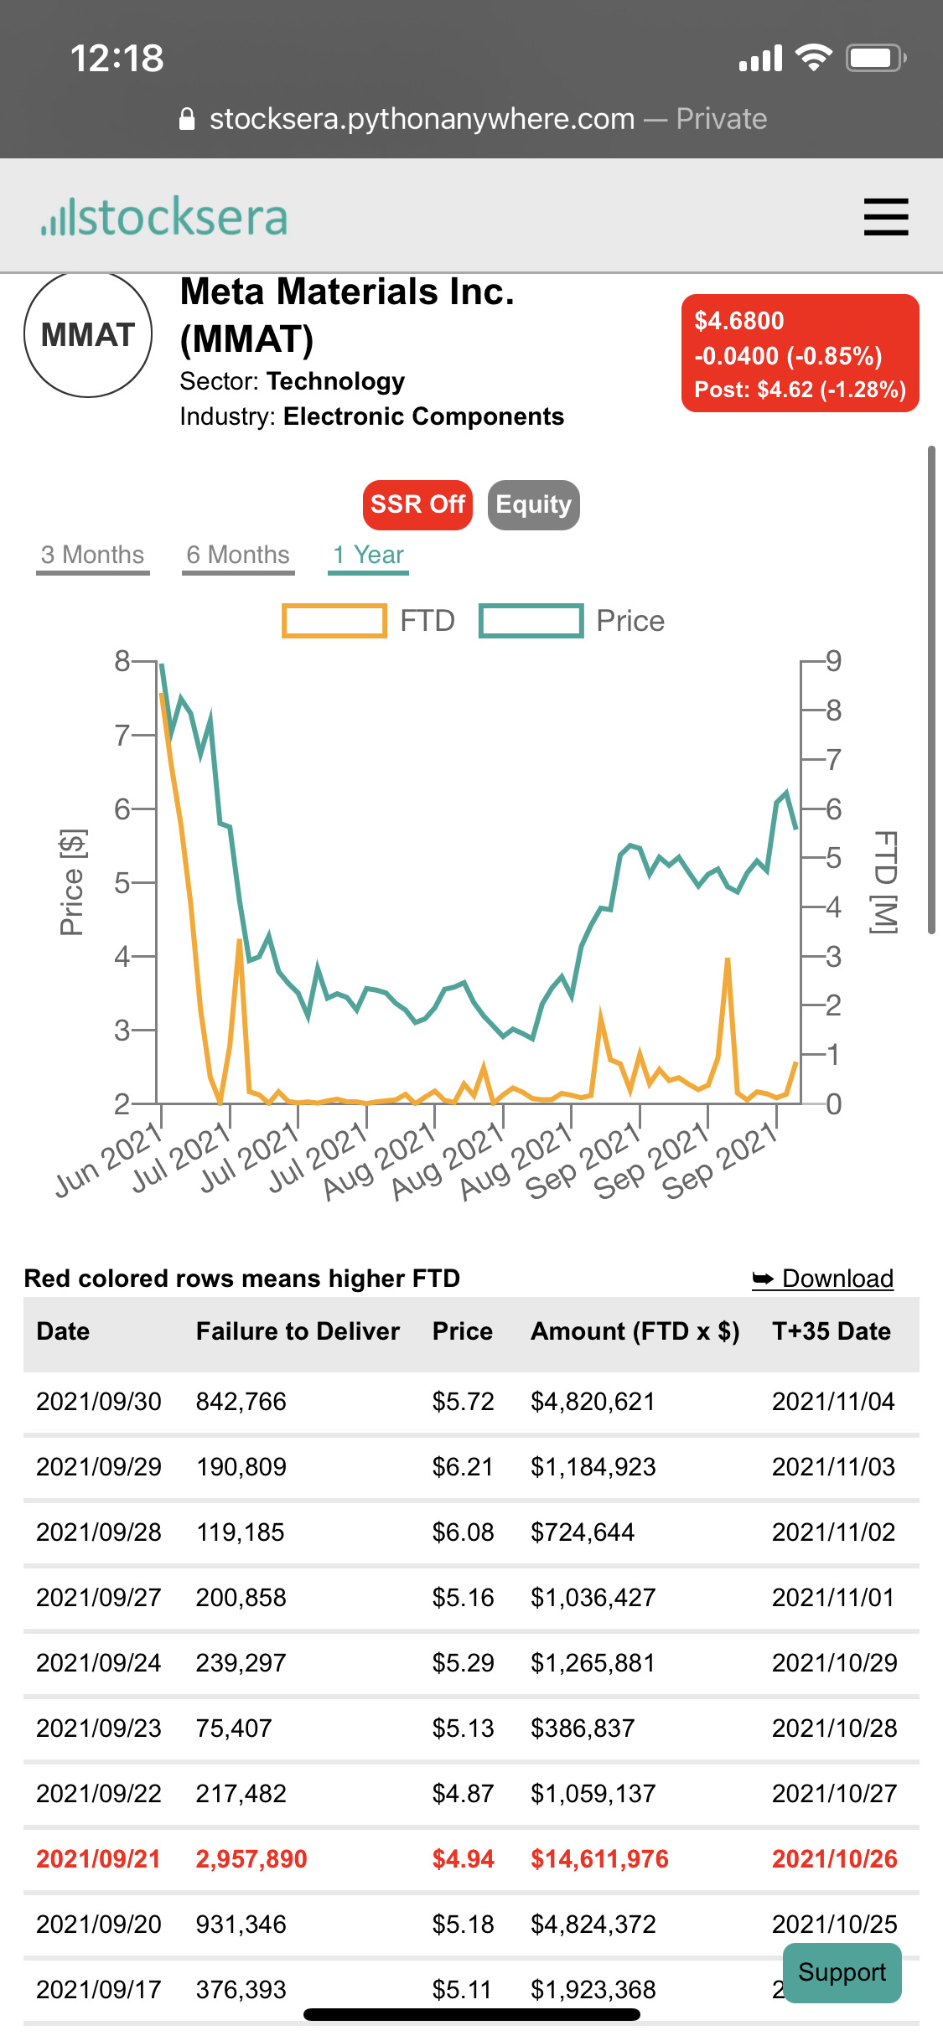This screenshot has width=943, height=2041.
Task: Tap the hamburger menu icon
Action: point(885,217)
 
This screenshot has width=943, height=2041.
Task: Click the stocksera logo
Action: point(164,217)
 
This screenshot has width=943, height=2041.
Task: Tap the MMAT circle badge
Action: point(88,334)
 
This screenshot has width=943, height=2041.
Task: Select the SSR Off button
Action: point(417,504)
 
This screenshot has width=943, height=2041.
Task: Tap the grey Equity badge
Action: point(533,504)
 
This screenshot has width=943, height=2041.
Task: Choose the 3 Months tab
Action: point(93,555)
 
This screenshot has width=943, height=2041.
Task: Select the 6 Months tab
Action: point(238,555)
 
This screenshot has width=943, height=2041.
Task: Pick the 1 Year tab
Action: point(368,555)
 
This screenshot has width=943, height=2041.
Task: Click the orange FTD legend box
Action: point(334,621)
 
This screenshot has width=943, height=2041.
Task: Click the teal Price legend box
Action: point(531,621)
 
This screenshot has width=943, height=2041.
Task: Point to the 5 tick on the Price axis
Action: point(123,882)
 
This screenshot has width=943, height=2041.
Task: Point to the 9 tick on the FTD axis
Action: point(832,661)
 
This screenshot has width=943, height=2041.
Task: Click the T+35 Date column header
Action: point(832,1331)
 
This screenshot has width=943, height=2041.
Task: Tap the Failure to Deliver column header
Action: point(298,1331)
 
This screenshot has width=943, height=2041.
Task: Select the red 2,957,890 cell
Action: point(251,1859)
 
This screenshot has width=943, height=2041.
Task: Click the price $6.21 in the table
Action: point(463,1467)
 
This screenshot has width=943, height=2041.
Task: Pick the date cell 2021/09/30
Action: point(99,1402)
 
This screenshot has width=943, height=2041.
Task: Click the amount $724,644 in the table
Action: point(583,1532)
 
